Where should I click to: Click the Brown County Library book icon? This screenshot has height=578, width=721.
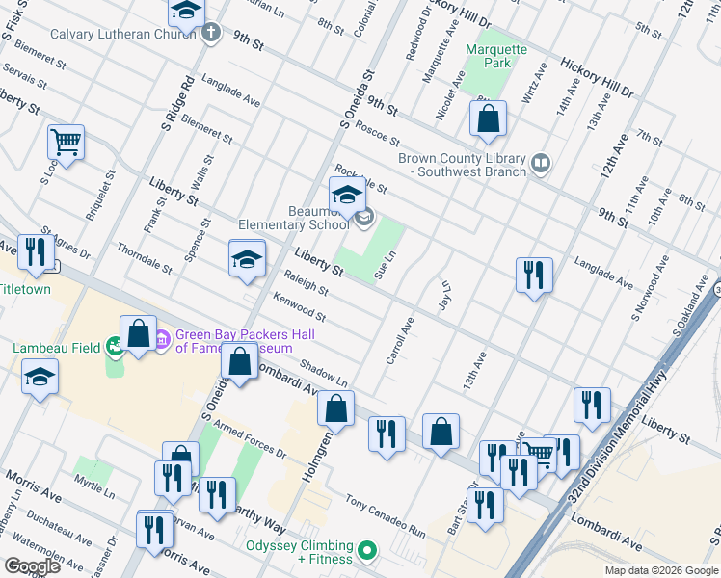[540, 165]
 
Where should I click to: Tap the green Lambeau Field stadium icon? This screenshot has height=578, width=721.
[116, 344]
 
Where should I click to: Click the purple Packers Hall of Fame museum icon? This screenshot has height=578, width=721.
[162, 338]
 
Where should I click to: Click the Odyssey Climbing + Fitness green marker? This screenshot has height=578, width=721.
[365, 552]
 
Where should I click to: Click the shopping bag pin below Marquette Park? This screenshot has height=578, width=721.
[489, 119]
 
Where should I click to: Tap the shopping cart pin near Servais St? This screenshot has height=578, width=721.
[66, 143]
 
